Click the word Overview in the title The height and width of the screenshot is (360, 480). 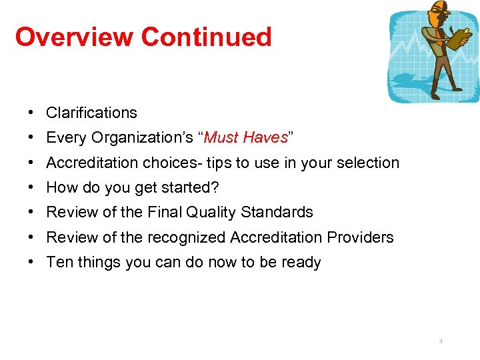pos(74,37)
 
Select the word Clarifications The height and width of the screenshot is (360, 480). pos(91,113)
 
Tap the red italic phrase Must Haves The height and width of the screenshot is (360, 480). pos(245,138)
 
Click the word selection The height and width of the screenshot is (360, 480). pos(369,163)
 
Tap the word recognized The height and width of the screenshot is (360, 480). pos(186,237)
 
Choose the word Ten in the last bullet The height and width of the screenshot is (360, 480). pos(59,262)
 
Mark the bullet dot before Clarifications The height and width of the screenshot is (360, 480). pos(32,113)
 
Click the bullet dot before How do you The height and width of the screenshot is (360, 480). pos(32,187)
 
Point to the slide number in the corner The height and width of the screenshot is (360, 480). pos(441,341)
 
